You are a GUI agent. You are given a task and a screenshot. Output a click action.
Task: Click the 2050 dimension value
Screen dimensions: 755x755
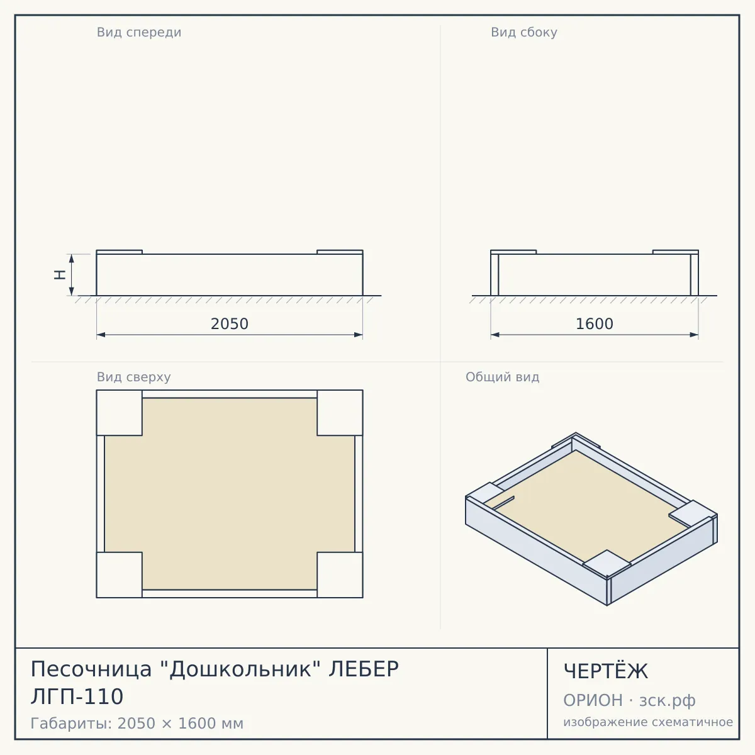pyautogui.click(x=230, y=324)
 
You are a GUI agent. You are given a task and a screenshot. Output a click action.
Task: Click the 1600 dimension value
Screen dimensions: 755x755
pyautogui.click(x=595, y=324)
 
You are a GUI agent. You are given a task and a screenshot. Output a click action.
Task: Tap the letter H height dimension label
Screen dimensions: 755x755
pyautogui.click(x=60, y=275)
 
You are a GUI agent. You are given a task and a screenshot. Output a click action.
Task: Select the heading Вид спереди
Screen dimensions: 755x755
pyautogui.click(x=139, y=33)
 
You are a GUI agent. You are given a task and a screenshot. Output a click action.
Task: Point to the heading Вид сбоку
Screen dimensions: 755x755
pyautogui.click(x=524, y=33)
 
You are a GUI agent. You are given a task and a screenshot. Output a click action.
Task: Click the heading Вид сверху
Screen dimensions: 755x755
pyautogui.click(x=134, y=377)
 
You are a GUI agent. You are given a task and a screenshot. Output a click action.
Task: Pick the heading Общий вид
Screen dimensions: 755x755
pyautogui.click(x=502, y=377)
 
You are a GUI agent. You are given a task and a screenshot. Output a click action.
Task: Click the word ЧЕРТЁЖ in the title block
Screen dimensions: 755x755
pyautogui.click(x=606, y=671)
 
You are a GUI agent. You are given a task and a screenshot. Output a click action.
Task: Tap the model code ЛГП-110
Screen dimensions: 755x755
pyautogui.click(x=77, y=696)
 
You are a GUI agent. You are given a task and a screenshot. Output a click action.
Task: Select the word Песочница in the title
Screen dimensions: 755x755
pyautogui.click(x=91, y=669)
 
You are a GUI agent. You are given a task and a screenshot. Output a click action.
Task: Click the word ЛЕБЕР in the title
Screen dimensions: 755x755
pyautogui.click(x=364, y=669)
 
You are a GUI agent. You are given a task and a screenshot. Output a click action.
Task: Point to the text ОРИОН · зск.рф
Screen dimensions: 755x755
pyautogui.click(x=629, y=700)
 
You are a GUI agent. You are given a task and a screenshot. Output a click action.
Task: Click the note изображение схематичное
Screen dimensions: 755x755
pyautogui.click(x=648, y=722)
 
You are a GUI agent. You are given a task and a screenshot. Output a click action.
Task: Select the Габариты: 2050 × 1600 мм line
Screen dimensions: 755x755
pyautogui.click(x=137, y=724)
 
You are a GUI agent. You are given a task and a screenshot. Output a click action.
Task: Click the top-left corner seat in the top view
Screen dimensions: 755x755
pyautogui.click(x=120, y=413)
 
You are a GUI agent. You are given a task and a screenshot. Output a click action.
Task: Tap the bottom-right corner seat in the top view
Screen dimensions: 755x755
pyautogui.click(x=340, y=575)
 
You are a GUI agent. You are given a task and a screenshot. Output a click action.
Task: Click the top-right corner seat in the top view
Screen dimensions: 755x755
pyautogui.click(x=340, y=413)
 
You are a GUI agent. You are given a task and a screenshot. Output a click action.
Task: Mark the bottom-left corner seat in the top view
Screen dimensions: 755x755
pyautogui.click(x=120, y=575)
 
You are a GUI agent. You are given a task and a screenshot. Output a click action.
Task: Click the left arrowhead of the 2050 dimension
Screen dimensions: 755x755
pyautogui.click(x=101, y=335)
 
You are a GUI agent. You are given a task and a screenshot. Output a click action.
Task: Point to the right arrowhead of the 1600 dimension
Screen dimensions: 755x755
pyautogui.click(x=694, y=335)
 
